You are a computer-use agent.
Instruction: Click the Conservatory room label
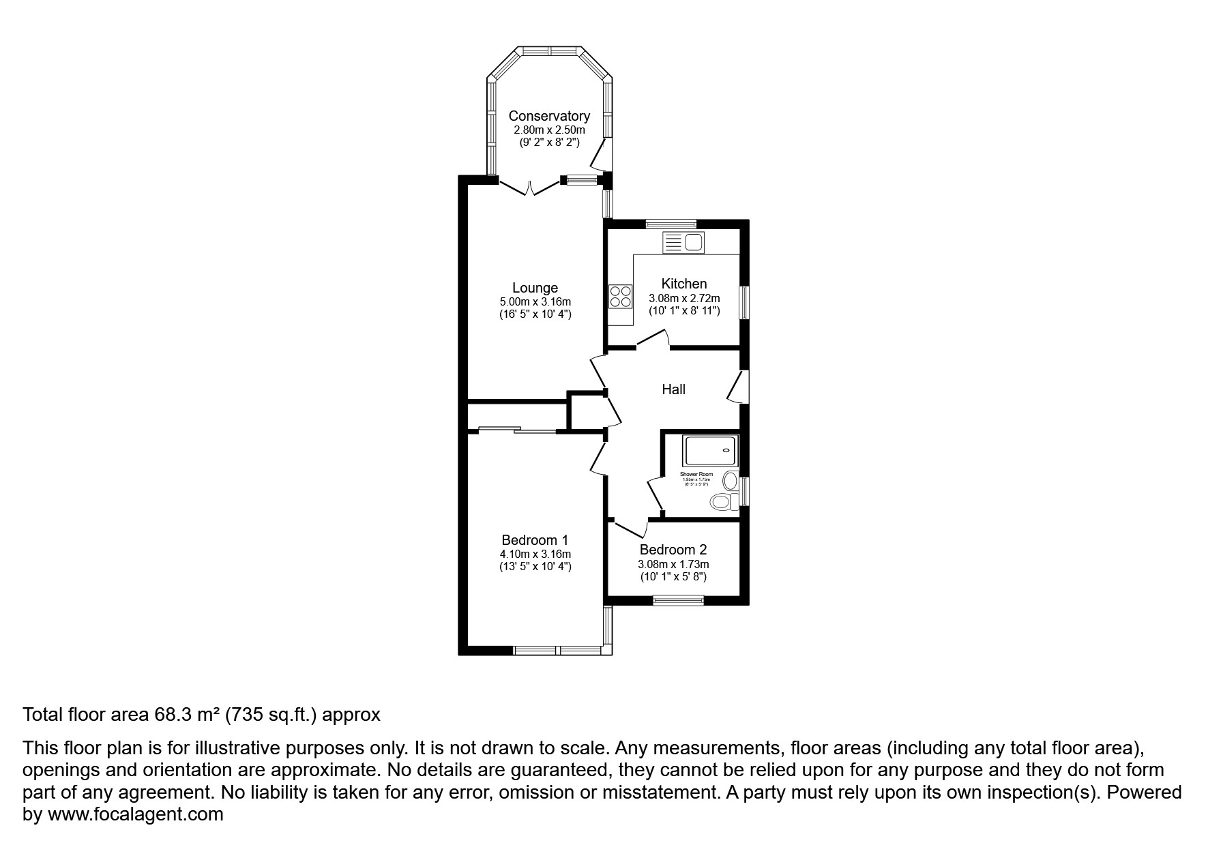[549, 116]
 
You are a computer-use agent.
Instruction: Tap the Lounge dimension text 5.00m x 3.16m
[535, 301]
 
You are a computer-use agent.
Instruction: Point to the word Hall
[673, 389]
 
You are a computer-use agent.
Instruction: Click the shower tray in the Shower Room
[710, 451]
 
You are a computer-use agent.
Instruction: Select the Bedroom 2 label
[673, 550]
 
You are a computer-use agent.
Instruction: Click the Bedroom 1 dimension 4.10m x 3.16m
[535, 554]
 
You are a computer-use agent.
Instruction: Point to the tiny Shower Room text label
[696, 474]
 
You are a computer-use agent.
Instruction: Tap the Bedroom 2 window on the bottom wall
[678, 600]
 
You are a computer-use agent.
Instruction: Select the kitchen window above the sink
[671, 223]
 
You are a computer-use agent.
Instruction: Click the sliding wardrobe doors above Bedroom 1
[516, 430]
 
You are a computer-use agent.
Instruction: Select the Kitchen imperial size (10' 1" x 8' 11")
[684, 311]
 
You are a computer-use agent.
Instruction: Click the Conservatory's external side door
[600, 155]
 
